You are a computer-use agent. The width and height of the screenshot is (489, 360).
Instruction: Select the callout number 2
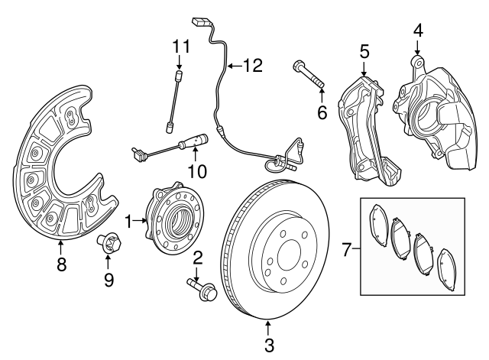197,258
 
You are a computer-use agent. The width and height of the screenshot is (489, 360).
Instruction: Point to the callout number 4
418,31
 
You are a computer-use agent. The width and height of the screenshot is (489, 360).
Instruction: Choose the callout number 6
322,112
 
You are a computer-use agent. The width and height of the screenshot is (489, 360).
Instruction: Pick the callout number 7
345,249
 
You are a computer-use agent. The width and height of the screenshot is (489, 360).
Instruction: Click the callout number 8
61,264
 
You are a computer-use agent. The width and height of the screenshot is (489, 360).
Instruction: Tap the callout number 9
108,280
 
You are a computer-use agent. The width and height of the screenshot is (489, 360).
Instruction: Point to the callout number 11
180,45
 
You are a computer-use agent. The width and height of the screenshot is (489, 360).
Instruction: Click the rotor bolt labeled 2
200,290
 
